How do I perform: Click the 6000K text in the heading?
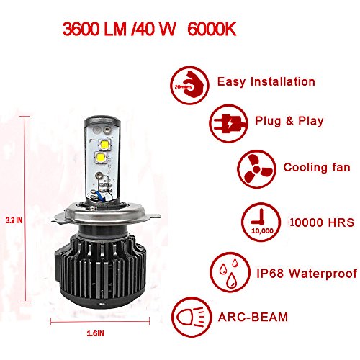point(212,30)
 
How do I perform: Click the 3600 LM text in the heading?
point(94,30)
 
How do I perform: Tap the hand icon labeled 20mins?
point(190,85)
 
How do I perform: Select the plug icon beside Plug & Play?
point(228,124)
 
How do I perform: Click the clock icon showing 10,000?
point(261,222)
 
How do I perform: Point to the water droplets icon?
point(230,272)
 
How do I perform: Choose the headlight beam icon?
point(192,318)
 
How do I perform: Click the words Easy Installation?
point(266,82)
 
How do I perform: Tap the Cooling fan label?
point(317,167)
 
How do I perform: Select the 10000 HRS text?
point(322,222)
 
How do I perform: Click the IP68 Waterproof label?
point(307,274)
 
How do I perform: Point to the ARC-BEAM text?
point(253,318)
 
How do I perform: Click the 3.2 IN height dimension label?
point(14,220)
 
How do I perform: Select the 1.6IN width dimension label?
point(95,333)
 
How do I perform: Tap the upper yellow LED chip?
point(104,144)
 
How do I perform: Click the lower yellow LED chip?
point(101,158)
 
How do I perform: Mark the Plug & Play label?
point(289,121)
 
